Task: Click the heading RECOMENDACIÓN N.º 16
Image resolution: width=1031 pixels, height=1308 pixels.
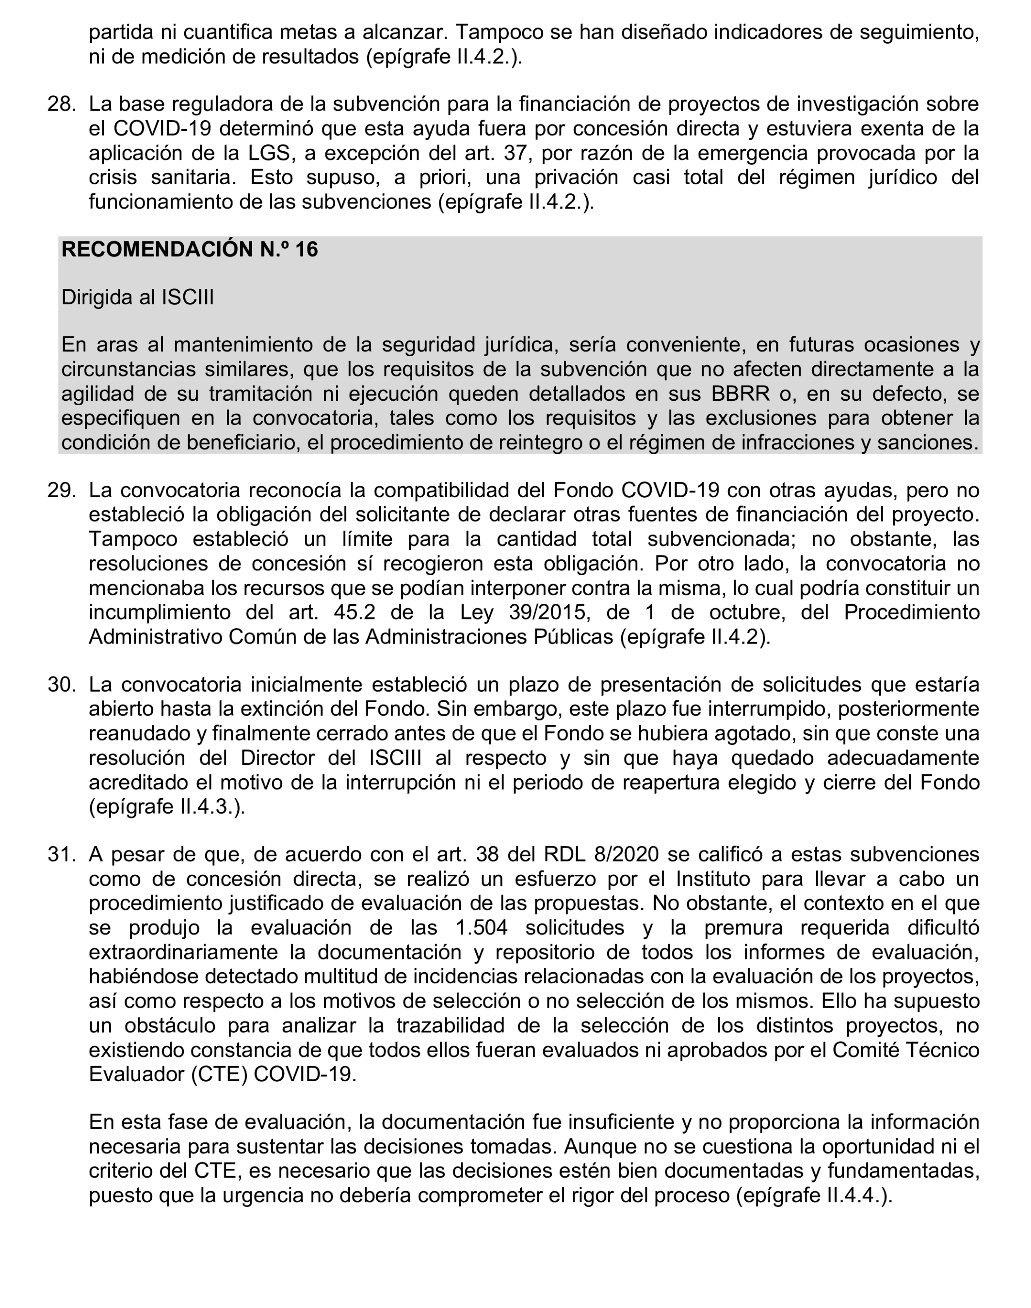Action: click(x=190, y=249)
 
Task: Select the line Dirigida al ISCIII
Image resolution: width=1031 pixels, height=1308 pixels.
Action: click(x=138, y=298)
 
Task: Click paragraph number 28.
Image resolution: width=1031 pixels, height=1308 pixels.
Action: click(x=61, y=104)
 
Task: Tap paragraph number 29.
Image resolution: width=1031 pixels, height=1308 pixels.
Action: click(x=61, y=490)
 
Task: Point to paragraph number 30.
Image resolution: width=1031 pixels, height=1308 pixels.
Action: click(x=61, y=685)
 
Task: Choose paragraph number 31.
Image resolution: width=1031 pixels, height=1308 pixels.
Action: click(x=61, y=855)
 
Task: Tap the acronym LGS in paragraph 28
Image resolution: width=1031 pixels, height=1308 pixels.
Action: click(x=269, y=153)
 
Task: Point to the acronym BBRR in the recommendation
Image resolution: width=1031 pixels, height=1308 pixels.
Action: click(x=740, y=394)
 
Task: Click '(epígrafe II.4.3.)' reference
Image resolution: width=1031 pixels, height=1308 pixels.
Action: click(x=167, y=806)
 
